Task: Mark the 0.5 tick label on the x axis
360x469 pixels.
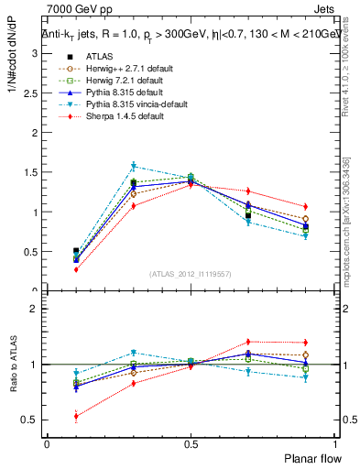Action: point(191,443)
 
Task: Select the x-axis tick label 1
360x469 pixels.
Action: point(334,443)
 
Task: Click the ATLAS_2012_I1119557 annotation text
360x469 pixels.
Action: point(191,274)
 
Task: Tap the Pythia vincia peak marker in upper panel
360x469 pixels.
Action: point(134,166)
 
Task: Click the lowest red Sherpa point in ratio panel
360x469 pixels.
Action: point(76,416)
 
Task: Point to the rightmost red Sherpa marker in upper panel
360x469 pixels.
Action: point(305,206)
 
